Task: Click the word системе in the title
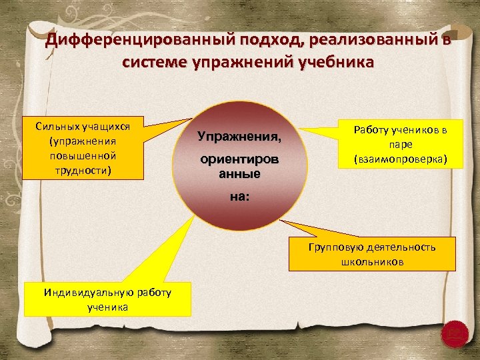(151, 63)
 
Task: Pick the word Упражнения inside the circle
(239, 137)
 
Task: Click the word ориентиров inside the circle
(239, 161)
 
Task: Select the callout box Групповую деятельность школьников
(372, 254)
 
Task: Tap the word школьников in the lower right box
(372, 261)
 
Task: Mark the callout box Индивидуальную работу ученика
(107, 299)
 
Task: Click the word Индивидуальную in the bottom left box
(82, 292)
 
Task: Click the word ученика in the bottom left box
(107, 307)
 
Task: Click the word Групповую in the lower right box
(331, 247)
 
